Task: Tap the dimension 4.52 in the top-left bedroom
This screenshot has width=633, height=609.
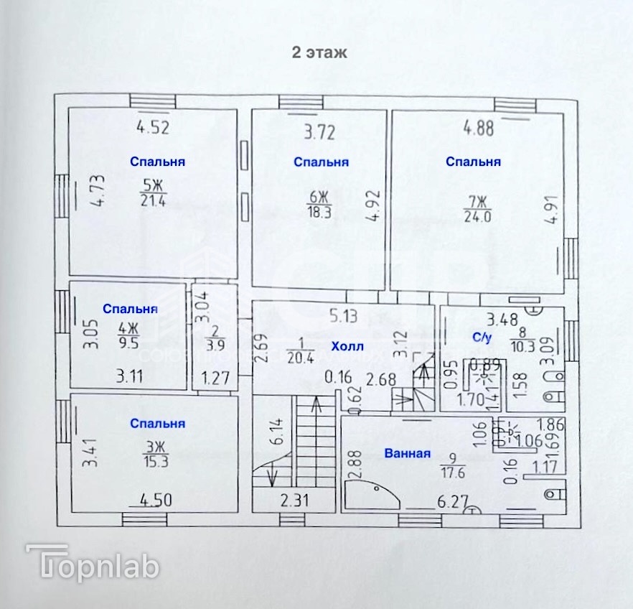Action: (153, 129)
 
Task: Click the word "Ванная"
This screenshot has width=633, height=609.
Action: (407, 453)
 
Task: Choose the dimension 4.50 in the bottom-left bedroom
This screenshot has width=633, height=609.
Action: (155, 500)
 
